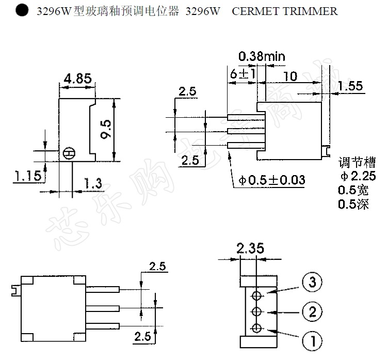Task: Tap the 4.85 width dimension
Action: pos(77,79)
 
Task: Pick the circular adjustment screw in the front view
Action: pos(69,153)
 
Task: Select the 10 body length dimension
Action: pos(291,76)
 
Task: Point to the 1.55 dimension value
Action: pos(351,86)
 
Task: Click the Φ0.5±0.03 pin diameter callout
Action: pos(272,180)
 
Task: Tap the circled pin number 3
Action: pos(313,283)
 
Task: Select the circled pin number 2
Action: pos(313,312)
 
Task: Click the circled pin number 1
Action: pos(313,341)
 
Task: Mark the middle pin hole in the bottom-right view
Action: pos(256,312)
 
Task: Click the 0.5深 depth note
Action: pos(353,205)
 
